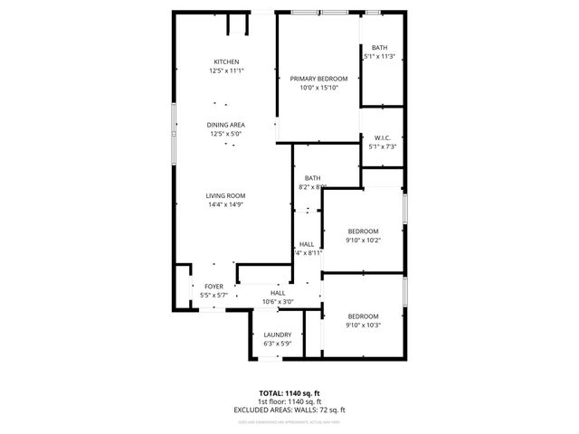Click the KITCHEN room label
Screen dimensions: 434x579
pos(226,61)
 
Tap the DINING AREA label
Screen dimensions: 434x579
pos(226,125)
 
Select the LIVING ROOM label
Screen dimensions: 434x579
pos(226,195)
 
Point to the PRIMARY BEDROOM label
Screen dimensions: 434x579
pos(318,79)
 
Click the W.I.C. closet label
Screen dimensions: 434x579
pos(380,138)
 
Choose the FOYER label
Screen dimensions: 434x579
pos(214,287)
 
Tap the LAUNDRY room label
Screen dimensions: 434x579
pos(277,335)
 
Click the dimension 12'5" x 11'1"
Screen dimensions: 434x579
pos(226,71)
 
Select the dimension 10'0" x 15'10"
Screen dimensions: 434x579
pos(318,88)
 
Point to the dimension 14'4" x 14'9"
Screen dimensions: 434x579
pos(226,204)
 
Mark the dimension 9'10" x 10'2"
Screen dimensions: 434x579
pos(363,241)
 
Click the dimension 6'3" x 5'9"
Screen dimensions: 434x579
pos(277,344)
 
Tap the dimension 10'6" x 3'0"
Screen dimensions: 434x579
pos(278,302)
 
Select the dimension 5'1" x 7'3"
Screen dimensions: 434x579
pos(380,146)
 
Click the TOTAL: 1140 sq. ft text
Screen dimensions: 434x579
pos(289,393)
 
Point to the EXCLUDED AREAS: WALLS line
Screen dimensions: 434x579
pos(289,410)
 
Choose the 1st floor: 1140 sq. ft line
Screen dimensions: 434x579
pos(289,401)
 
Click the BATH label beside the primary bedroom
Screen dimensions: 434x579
pos(379,48)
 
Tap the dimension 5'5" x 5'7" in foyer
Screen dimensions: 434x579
pos(214,296)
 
